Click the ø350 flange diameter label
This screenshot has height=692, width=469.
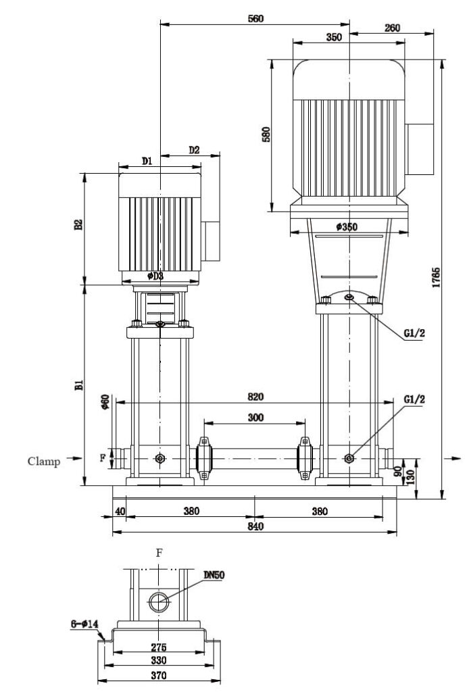(347, 227)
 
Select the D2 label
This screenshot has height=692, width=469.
(194, 150)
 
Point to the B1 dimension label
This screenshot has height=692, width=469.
(78, 385)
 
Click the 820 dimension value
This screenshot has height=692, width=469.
(255, 397)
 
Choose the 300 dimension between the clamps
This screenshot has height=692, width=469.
(255, 418)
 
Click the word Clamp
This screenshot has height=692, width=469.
(44, 462)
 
